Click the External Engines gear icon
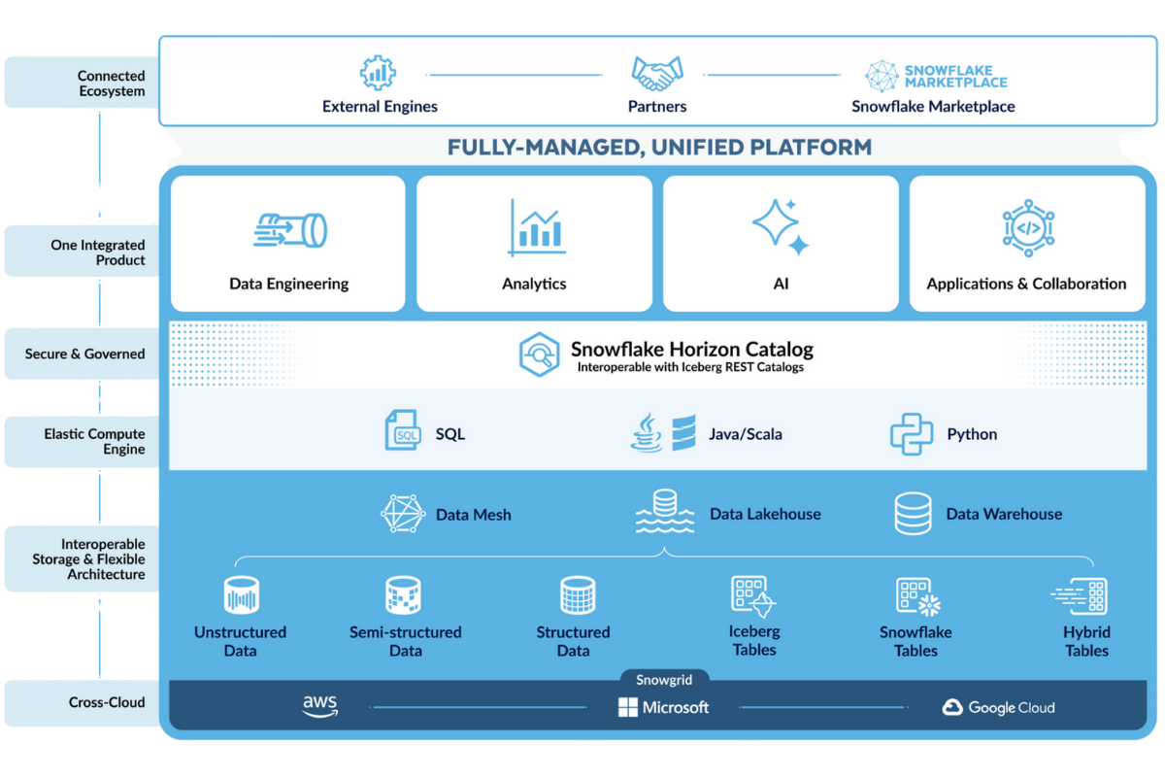pyautogui.click(x=378, y=73)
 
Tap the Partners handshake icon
pyautogui.click(x=657, y=74)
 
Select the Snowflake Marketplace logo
pyautogui.click(x=936, y=76)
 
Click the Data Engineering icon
pyautogui.click(x=290, y=230)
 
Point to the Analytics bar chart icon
pyautogui.click(x=536, y=228)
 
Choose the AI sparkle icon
pyautogui.click(x=781, y=227)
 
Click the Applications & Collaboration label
pyautogui.click(x=1026, y=284)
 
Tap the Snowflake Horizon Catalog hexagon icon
pyautogui.click(x=540, y=355)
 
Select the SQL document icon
pyautogui.click(x=403, y=430)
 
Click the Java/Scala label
pyautogui.click(x=746, y=434)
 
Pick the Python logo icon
pyautogui.click(x=912, y=434)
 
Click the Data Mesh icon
pyautogui.click(x=403, y=514)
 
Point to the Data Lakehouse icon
pyautogui.click(x=665, y=511)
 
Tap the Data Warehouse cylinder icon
pyautogui.click(x=913, y=514)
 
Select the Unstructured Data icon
pyautogui.click(x=242, y=594)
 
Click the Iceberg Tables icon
pyautogui.click(x=753, y=596)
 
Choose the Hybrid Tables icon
pyautogui.click(x=1080, y=596)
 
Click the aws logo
pyautogui.click(x=320, y=706)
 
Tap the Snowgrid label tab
pyautogui.click(x=664, y=679)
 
